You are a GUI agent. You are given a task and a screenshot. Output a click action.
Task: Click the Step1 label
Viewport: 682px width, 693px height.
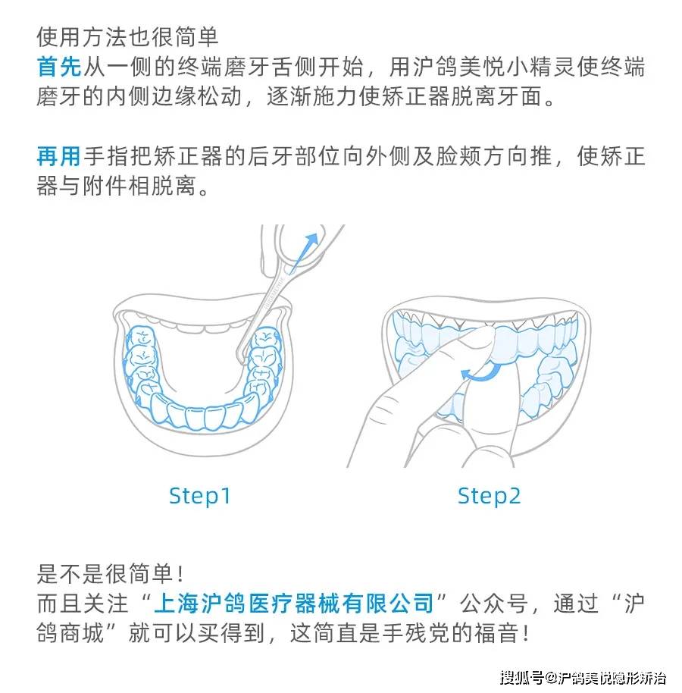pos(199,497)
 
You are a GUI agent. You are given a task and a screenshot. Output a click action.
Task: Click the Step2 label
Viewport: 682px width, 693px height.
pos(489,497)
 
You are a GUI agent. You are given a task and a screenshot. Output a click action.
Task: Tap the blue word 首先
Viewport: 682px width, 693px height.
pos(59,67)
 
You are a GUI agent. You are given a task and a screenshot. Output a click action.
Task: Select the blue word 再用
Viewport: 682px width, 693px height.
pos(59,156)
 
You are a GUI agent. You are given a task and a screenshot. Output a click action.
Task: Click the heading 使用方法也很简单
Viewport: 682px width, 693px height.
pos(127,36)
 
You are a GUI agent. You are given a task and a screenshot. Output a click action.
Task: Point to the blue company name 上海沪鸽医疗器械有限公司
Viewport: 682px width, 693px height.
pos(293,604)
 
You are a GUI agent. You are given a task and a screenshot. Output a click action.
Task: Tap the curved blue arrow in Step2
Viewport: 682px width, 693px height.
pos(480,372)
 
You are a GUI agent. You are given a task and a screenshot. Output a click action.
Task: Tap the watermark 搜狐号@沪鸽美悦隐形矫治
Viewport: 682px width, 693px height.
pos(583,678)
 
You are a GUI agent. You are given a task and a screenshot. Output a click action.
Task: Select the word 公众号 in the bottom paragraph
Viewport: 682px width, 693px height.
pos(493,604)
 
